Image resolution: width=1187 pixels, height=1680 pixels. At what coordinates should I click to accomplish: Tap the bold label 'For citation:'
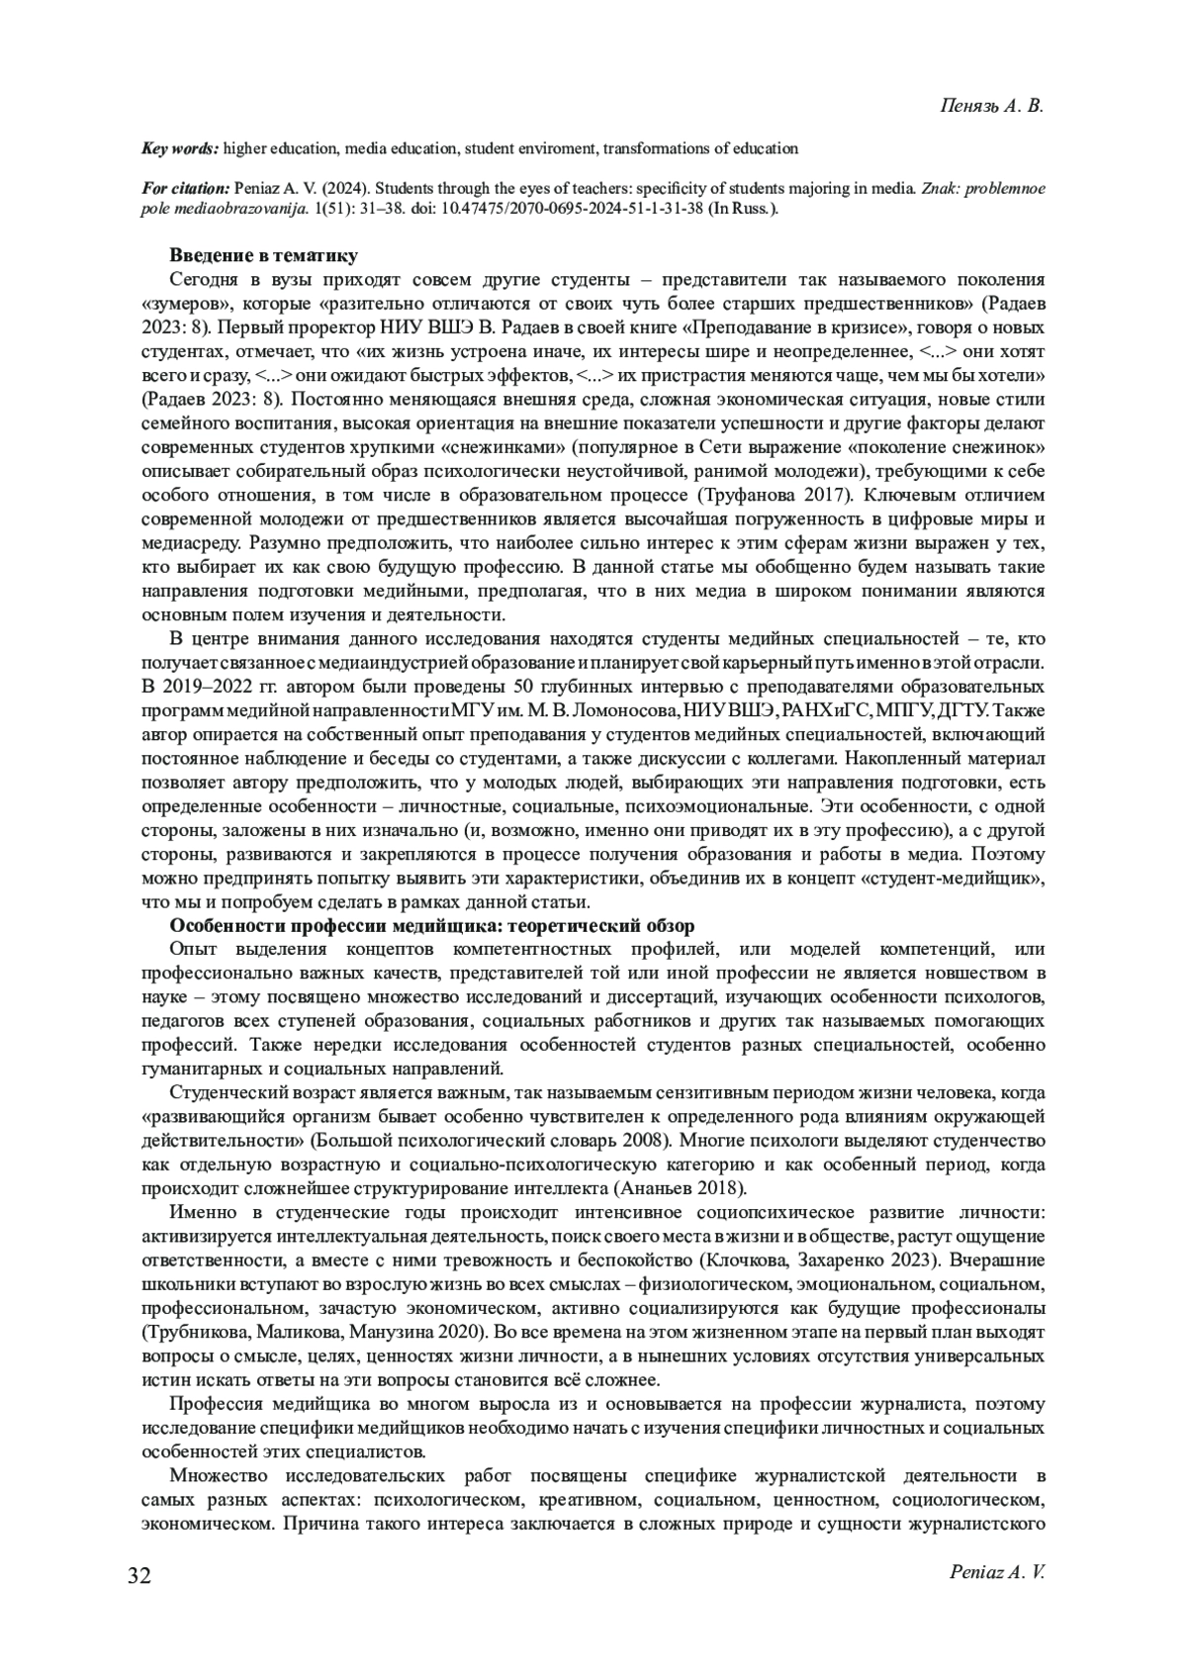coord(186,188)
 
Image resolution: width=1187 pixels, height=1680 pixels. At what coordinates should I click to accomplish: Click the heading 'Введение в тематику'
coord(263,257)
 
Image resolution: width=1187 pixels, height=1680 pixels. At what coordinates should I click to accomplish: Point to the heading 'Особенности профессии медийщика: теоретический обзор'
coord(432,926)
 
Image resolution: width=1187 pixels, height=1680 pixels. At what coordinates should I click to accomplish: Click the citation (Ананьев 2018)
coord(683,1187)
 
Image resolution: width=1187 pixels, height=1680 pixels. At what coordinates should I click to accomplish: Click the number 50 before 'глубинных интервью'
coord(516,687)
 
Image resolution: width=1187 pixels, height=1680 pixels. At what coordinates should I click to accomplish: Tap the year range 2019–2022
coord(214,687)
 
